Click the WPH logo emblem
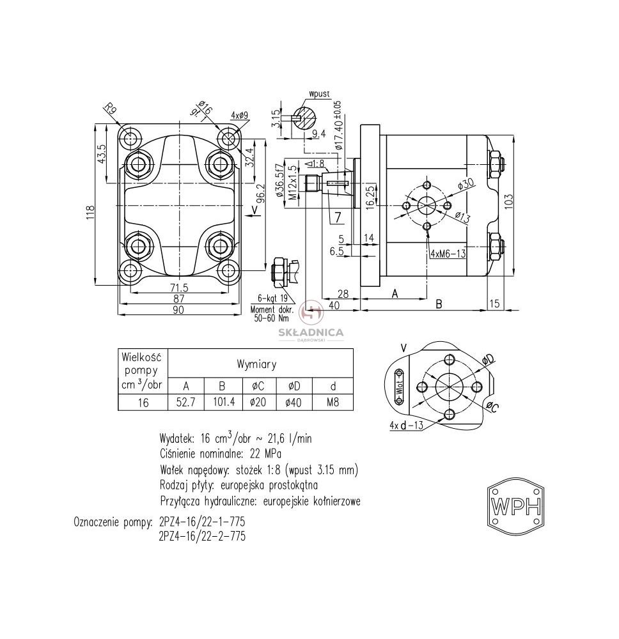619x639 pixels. tap(516, 507)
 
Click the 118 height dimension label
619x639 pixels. tap(91, 212)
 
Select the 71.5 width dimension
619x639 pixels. tap(179, 288)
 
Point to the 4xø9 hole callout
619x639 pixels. tap(239, 116)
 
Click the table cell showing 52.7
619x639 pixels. tap(186, 402)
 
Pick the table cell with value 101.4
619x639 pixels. tap(224, 402)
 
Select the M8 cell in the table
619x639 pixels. tap(333, 402)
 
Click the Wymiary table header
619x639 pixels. tap(256, 364)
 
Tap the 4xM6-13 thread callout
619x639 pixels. tap(448, 254)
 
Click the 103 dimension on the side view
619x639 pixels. tap(509, 201)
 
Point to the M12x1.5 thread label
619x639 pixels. tap(292, 183)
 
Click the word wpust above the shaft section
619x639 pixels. tap(319, 95)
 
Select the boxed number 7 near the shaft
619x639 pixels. tap(338, 218)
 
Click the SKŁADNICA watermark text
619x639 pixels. tap(311, 332)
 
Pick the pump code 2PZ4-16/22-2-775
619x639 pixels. tap(202, 536)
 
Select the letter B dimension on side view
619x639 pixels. tap(439, 304)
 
